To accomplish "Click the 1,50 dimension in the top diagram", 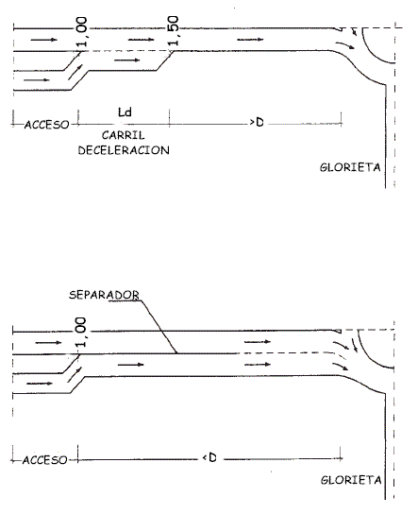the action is pos(175,30).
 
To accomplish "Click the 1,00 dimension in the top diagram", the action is pos(82,32).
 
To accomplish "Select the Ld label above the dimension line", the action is pos(125,112).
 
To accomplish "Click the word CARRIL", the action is pos(123,135).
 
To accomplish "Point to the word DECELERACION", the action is pos(124,150).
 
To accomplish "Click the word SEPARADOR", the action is pos(104,295).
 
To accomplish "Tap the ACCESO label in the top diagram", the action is pos(47,125).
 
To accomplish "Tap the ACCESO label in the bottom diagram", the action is pos(45,460).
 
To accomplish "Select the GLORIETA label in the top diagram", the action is pos(350,167).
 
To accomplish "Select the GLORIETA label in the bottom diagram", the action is pos(351,480).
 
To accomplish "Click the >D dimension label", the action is pos(257,122).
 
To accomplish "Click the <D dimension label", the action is pos(209,457).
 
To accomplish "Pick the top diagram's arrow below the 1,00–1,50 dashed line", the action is pos(127,60).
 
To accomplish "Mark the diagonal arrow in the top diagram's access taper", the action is pos(75,72).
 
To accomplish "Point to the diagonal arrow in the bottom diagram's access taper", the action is pos(75,375).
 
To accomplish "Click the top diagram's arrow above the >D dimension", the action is pos(250,40).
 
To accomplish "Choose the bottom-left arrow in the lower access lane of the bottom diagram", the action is pos(40,384).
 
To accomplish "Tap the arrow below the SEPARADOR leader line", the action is pos(130,365).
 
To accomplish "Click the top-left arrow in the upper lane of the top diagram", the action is pos(43,40).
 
